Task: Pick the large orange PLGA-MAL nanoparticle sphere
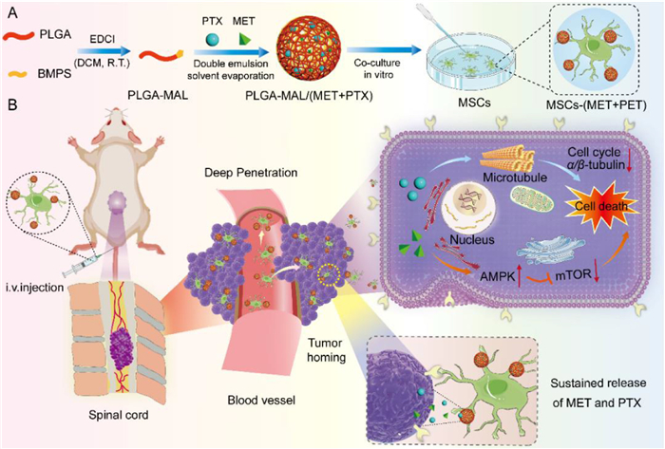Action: [x=310, y=48]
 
